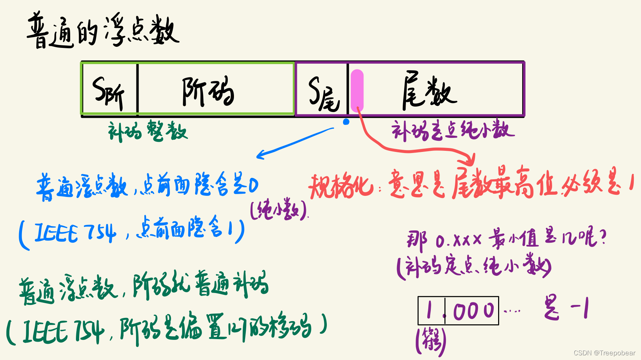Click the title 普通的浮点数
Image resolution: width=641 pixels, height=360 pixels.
coord(103,31)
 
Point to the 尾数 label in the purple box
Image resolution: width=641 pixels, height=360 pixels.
coord(429,92)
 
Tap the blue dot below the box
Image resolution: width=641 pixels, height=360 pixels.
coord(346,122)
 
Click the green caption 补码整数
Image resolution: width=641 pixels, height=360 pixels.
coord(148,131)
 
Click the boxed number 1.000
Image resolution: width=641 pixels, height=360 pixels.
coord(458,310)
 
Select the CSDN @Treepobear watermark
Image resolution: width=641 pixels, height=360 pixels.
coord(604,353)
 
